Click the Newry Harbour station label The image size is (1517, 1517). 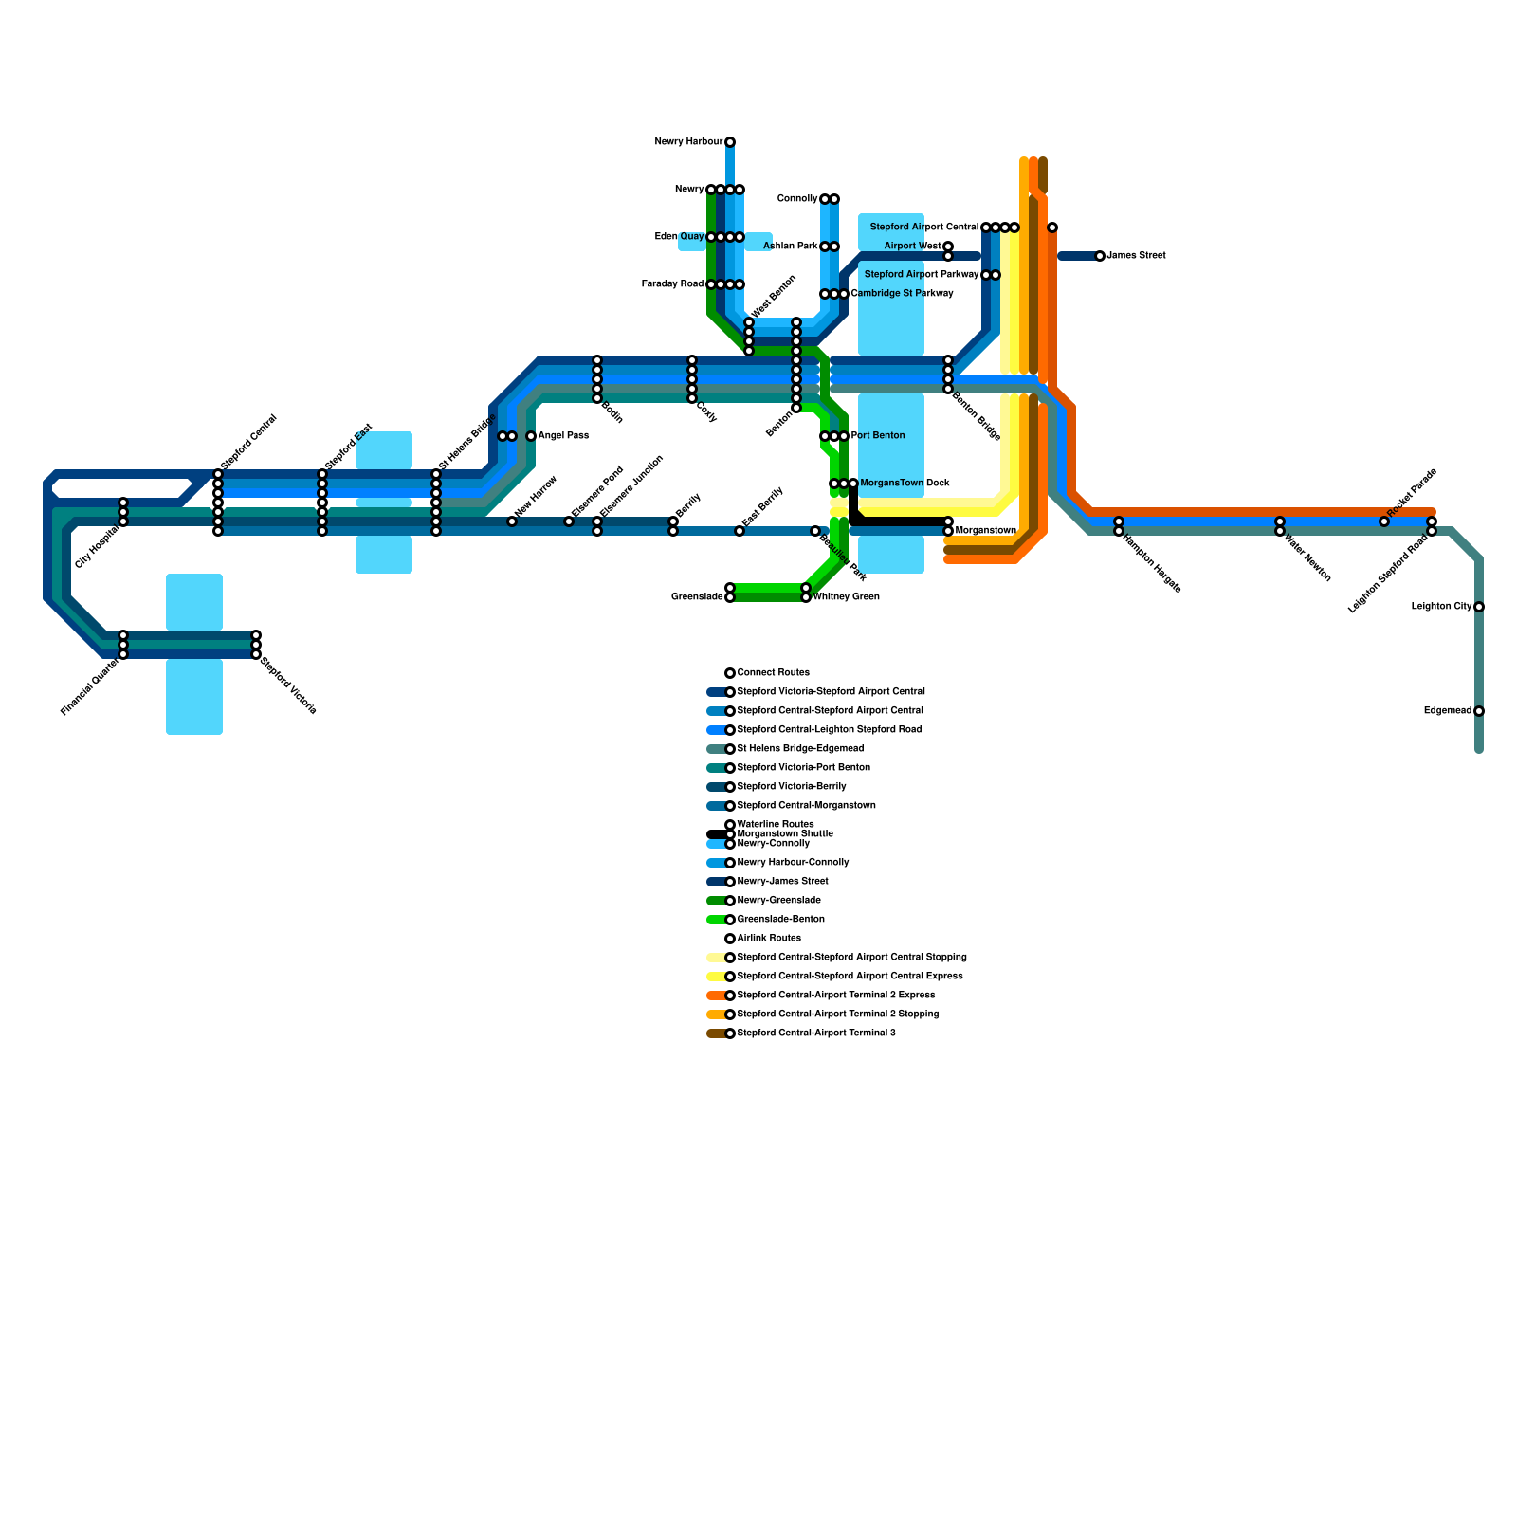688,142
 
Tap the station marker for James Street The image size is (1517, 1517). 1100,256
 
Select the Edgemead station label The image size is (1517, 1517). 1448,711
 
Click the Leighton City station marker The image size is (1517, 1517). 1479,607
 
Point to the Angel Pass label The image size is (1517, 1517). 563,436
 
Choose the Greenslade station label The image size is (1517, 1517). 697,597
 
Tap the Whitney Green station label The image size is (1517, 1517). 847,597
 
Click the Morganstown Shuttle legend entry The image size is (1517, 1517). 785,834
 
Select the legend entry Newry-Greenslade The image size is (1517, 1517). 779,901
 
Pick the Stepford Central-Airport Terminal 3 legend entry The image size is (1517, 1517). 816,1033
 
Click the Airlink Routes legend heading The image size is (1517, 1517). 769,939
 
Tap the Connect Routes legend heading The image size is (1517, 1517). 774,673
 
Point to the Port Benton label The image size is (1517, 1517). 878,436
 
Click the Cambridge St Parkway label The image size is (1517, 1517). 903,294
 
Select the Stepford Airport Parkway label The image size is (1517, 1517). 921,275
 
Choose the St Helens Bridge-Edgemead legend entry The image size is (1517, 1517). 800,749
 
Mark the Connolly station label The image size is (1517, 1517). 797,199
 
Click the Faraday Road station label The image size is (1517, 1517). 672,284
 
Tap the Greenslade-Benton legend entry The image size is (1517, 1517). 781,920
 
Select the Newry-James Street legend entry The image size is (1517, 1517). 783,882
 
